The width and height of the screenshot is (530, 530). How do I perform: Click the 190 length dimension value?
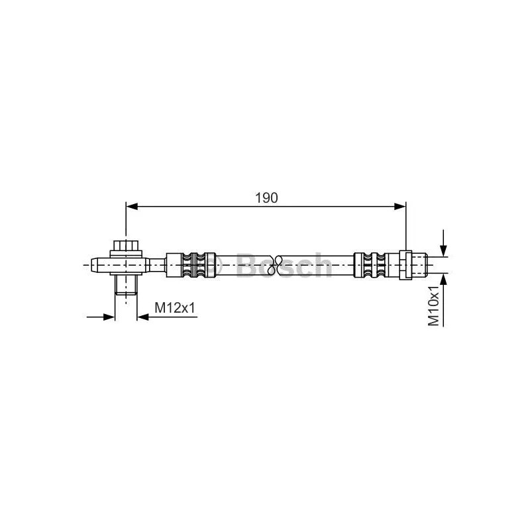(x=266, y=198)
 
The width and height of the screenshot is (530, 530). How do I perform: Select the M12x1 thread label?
(x=175, y=307)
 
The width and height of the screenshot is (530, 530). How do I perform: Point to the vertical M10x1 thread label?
(x=433, y=305)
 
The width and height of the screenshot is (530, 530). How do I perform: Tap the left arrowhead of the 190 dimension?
(x=132, y=206)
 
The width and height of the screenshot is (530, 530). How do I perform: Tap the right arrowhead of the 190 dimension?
(x=400, y=206)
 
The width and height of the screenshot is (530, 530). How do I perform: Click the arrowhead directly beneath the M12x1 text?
(x=143, y=317)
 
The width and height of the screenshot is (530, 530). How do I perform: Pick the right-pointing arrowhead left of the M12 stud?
(x=109, y=317)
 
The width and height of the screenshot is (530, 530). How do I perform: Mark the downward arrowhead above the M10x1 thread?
(x=443, y=250)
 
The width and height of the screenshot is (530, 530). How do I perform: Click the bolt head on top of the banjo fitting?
(x=126, y=245)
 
